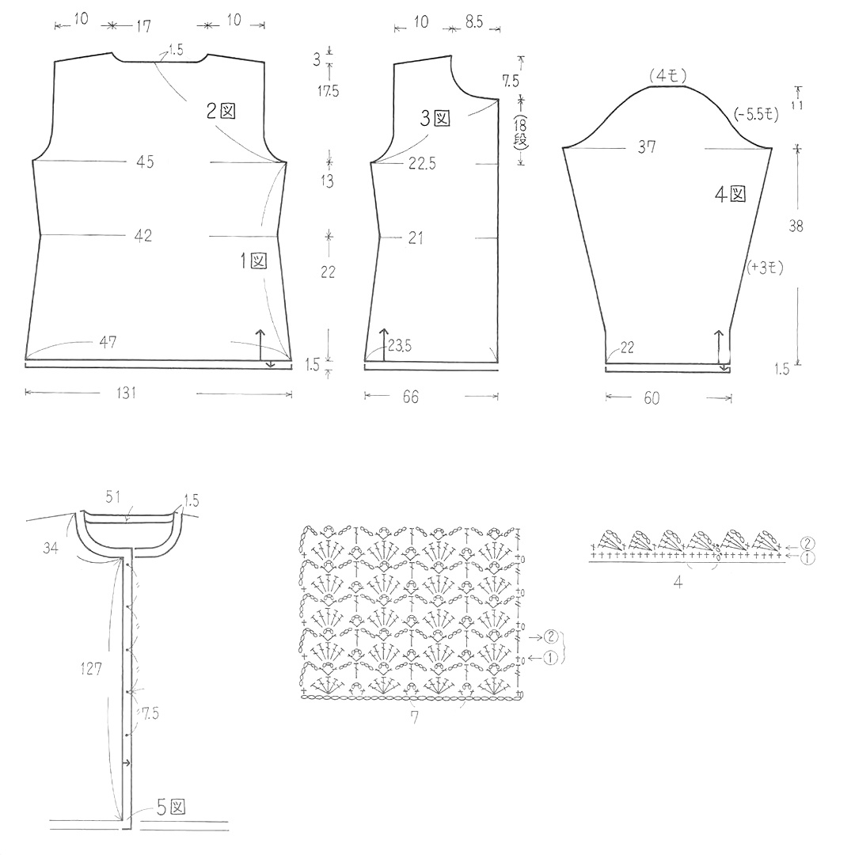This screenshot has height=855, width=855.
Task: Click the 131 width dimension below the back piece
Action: tap(126, 393)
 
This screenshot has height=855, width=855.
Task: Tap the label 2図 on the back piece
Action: tap(221, 112)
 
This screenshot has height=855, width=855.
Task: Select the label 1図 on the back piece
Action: tap(253, 260)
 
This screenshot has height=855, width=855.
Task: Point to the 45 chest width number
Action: tap(145, 162)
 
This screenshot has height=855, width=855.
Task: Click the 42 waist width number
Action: tap(142, 236)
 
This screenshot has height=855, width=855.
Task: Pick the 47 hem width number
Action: tap(108, 343)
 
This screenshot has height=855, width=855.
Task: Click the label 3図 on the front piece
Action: tap(435, 118)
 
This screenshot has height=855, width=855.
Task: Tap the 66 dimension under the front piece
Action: tap(411, 397)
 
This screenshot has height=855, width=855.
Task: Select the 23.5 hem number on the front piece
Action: tap(400, 346)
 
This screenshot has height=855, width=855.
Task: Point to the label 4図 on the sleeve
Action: tap(730, 194)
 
